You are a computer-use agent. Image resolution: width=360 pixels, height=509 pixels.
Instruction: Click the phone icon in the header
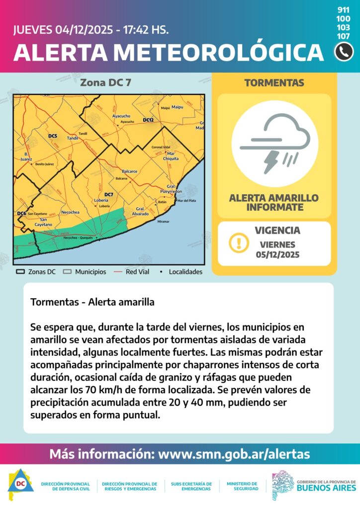click(344, 52)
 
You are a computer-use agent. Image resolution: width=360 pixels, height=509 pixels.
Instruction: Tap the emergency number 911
click(343, 10)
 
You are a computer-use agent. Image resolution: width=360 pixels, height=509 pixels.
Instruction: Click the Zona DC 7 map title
click(105, 83)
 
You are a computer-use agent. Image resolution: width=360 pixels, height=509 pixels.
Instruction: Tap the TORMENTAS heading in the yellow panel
click(274, 83)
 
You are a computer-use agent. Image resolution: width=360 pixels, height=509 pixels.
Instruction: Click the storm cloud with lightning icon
click(274, 144)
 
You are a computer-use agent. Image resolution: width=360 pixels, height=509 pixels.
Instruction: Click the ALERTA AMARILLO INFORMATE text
click(274, 202)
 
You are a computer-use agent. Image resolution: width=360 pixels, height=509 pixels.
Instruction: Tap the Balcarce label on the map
click(129, 171)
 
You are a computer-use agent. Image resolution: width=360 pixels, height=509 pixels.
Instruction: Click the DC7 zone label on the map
click(109, 194)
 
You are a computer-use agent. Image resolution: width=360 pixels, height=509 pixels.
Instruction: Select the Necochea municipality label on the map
click(70, 212)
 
